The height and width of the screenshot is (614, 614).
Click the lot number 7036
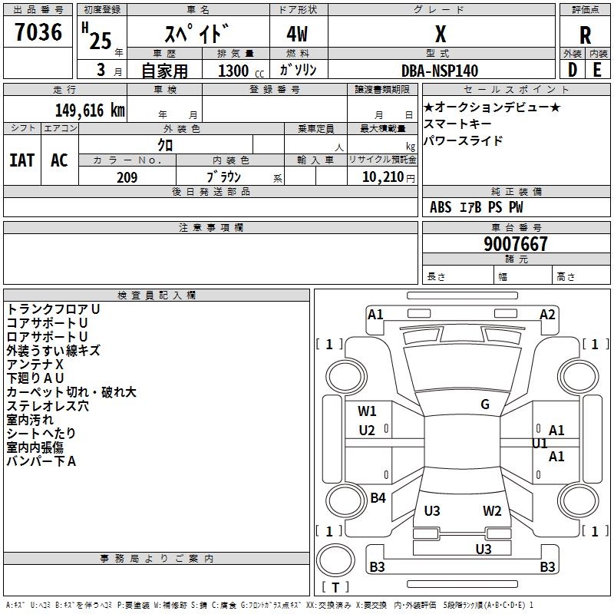point(38,33)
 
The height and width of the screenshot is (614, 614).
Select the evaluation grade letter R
point(585,35)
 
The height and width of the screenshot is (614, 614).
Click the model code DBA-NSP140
point(440,71)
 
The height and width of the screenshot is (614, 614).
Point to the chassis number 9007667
point(516,244)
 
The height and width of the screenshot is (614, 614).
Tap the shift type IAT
point(21,160)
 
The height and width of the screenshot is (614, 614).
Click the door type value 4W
point(299,35)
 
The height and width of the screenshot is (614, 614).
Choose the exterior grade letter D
point(572,71)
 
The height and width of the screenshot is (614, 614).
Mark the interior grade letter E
point(597,71)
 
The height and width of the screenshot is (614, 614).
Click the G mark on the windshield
point(485,404)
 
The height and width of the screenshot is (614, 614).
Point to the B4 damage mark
point(378,498)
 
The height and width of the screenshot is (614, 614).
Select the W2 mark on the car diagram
point(492,511)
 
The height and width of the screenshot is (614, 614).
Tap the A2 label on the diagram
point(547,315)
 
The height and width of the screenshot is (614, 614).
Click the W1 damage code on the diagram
point(367,411)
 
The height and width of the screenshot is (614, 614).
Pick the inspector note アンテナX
point(35,365)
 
